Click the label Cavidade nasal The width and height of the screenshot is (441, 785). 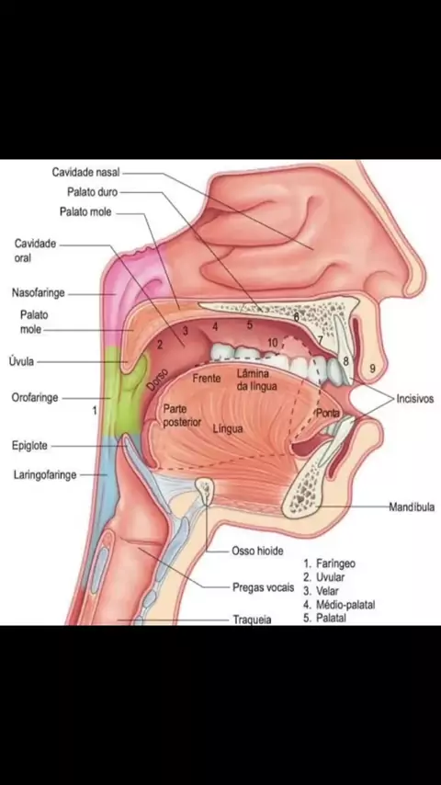85,172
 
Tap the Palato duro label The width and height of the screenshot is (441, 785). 93,192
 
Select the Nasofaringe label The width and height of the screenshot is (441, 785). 38,293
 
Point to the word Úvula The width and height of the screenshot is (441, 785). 21,361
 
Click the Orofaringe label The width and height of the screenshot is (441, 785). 35,398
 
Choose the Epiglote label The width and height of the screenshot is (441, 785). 29,446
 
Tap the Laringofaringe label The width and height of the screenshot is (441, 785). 45,474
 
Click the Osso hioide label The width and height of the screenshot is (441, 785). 257,552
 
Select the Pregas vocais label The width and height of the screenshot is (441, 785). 264,586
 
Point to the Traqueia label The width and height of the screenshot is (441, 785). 253,620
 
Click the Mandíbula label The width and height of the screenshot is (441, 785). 412,507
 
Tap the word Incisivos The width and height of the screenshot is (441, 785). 415,400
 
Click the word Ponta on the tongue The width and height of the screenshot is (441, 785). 328,414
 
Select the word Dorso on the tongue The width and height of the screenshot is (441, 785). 157,380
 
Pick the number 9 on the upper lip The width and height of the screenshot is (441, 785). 372,369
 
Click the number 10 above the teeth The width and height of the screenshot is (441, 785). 272,343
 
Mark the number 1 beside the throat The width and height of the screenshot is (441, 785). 94,411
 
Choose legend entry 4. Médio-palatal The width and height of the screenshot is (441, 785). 339,605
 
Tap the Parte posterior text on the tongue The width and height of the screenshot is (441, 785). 182,416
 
